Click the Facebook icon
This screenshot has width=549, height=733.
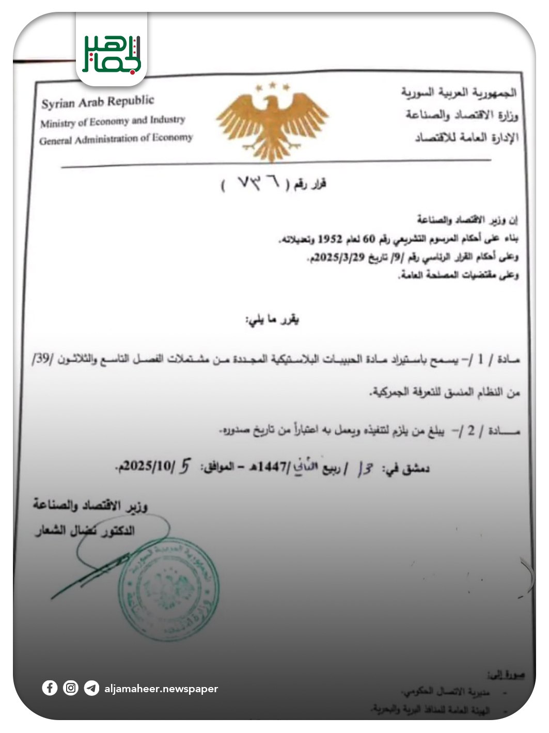[50, 688]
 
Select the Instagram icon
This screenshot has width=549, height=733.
[71, 688]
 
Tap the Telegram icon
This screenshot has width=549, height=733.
[91, 689]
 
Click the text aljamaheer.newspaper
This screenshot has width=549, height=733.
[161, 689]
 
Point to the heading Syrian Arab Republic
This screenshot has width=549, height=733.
[98, 102]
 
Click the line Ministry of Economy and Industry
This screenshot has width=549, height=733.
[113, 121]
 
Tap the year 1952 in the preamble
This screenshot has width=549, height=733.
[330, 239]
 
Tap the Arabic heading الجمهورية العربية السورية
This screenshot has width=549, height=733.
[459, 93]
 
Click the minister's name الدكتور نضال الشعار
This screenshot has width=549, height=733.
[85, 530]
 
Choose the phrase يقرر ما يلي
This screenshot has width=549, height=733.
[272, 319]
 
